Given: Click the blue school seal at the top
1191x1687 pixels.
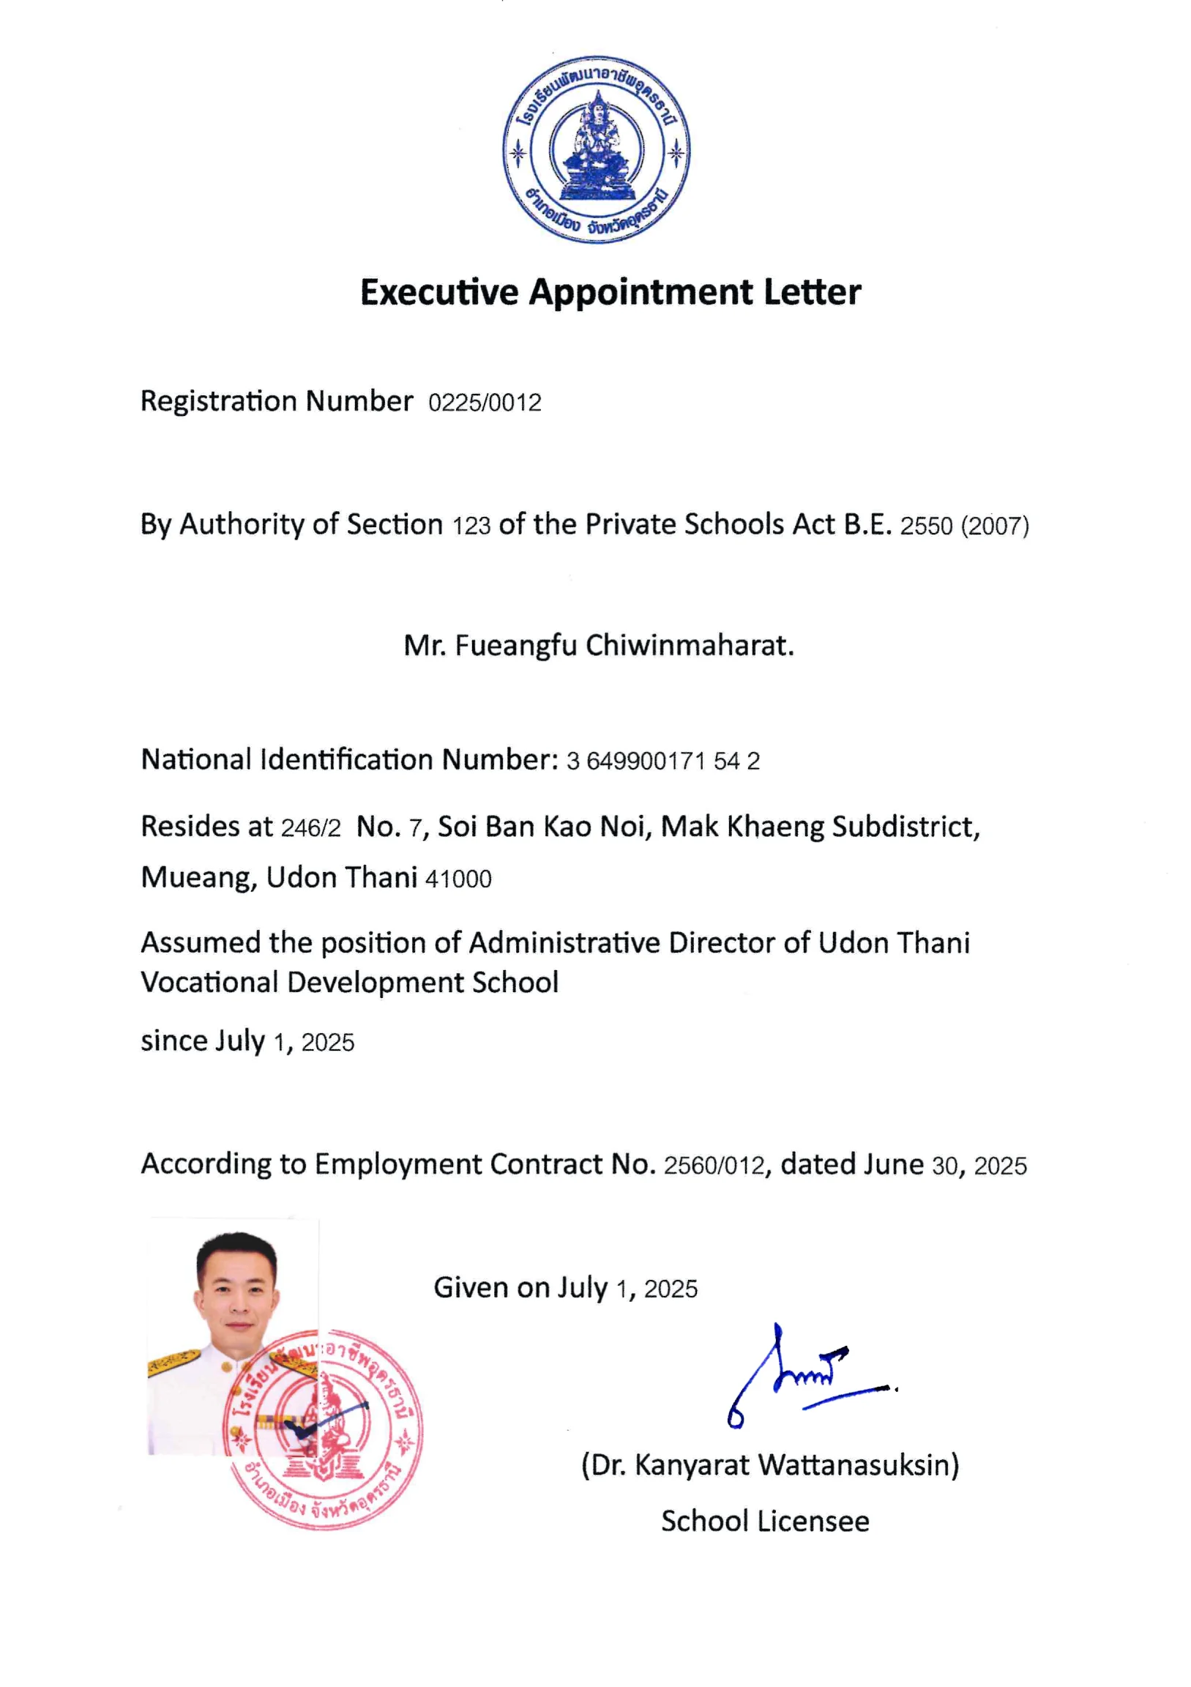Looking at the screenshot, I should point(596,150).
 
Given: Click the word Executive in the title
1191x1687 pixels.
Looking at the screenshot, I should point(438,292).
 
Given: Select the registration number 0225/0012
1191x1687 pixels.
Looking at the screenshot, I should point(484,403).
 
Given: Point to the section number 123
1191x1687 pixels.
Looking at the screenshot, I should point(471,526).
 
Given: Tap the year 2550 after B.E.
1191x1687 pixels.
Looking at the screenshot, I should point(926,526).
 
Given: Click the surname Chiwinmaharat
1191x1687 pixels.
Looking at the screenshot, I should point(690,645).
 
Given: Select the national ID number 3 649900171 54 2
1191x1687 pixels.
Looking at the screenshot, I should point(662,761).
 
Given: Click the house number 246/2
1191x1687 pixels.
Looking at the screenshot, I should point(311,829).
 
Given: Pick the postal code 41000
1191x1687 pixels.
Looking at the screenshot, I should point(458,879).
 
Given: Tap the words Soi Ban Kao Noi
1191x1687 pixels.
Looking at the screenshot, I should point(544,827).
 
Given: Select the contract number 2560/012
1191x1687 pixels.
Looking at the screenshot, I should point(714,1166).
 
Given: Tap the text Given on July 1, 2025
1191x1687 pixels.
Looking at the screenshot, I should point(565,1288).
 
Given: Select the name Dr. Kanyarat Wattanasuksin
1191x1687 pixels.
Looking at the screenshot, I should point(770,1465).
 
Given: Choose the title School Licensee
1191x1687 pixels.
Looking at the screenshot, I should point(765,1521).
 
